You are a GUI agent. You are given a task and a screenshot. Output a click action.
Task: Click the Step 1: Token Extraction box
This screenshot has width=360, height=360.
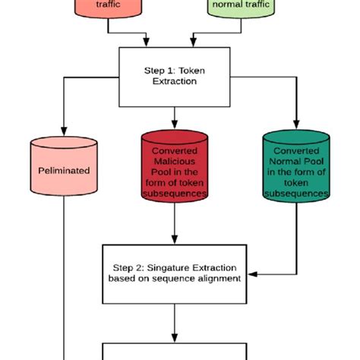(x=175, y=77)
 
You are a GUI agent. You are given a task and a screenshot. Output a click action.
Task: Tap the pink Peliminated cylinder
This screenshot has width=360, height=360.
(x=64, y=171)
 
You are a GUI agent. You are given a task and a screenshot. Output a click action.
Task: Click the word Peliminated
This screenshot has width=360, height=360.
(x=64, y=171)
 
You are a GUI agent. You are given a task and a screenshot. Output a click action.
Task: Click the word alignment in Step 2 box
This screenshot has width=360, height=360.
(x=221, y=278)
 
